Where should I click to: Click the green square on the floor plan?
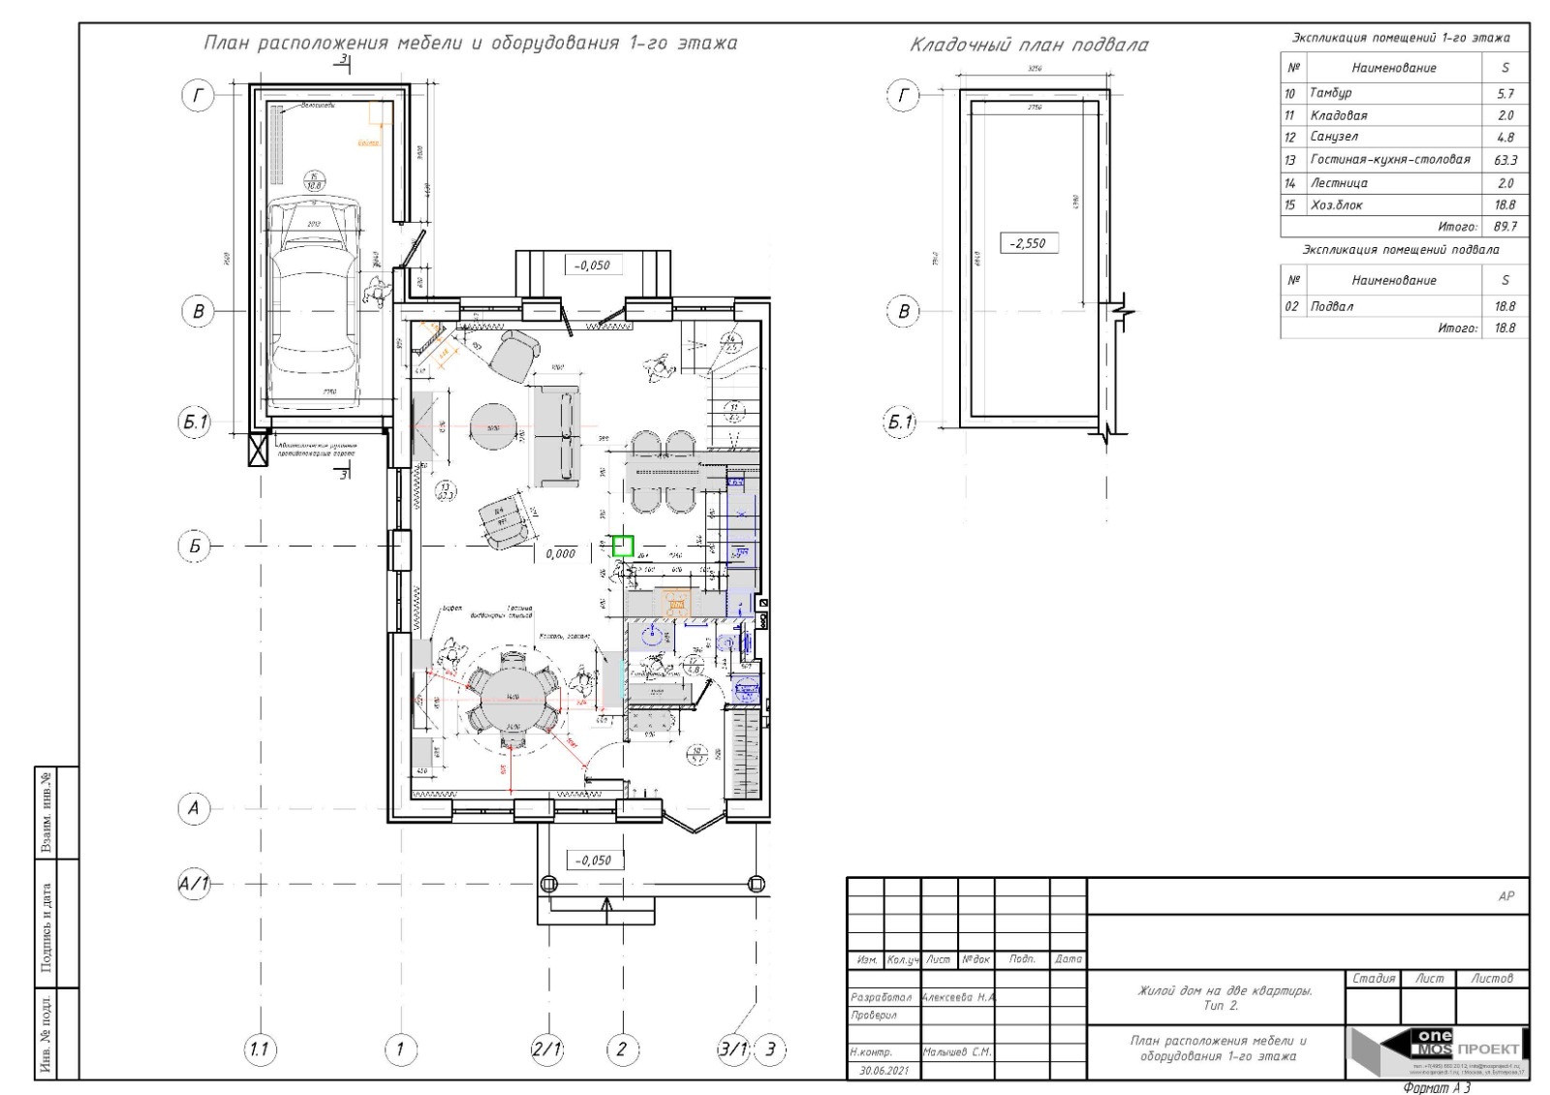tap(623, 546)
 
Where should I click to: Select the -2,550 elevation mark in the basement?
tap(1028, 243)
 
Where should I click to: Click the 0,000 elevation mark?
tap(561, 553)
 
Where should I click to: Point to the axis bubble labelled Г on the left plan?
tap(198, 95)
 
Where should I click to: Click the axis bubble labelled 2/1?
tap(547, 1048)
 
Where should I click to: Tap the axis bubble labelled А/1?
tap(195, 885)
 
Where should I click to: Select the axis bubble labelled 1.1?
tap(259, 1048)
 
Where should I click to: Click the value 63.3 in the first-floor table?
tap(1505, 160)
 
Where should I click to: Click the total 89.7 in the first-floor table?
tap(1505, 227)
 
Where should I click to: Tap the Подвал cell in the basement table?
tap(1332, 306)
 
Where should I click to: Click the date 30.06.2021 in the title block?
tap(883, 1071)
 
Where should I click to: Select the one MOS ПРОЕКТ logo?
tap(1438, 1051)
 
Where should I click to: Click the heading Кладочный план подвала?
tap(1029, 45)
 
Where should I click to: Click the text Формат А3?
tap(1437, 1087)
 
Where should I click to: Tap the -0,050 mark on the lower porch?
tap(593, 860)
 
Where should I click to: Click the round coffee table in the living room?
tap(497, 427)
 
